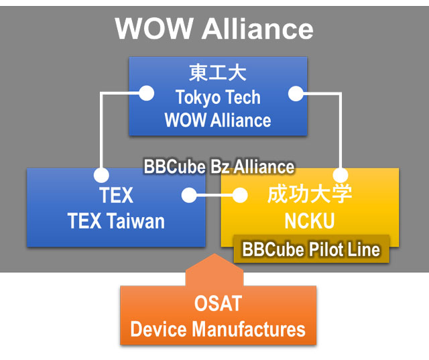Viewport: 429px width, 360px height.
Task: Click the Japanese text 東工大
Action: [218, 73]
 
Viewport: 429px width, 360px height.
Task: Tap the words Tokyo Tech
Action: [218, 97]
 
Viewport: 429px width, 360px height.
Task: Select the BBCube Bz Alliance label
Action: [219, 166]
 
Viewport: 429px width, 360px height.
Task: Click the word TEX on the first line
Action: [116, 196]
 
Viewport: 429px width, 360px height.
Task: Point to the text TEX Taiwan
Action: [116, 221]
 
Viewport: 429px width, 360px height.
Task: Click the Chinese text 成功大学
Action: [309, 195]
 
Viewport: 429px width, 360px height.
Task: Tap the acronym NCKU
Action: [309, 221]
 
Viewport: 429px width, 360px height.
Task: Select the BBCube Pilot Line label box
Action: [311, 249]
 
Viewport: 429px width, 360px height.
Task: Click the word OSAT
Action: [218, 305]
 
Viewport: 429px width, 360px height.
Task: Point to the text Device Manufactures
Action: [218, 329]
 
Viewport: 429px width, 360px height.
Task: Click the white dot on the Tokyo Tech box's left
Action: [145, 93]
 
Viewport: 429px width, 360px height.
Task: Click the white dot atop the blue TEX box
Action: [101, 176]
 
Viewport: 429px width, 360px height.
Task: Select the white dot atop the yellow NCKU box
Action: [341, 176]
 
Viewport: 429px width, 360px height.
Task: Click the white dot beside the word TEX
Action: [189, 196]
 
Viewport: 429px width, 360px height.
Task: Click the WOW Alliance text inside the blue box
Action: [218, 121]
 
